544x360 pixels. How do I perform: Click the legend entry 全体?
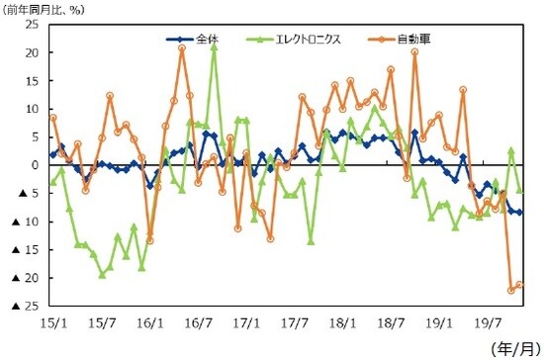coord(206,40)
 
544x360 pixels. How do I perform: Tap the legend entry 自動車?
coord(413,40)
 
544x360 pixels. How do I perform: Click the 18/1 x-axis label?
coord(343,322)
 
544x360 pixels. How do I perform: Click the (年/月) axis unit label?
coord(515,348)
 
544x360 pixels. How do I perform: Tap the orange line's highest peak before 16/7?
coord(182,47)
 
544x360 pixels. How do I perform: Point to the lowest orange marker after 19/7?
coord(511,290)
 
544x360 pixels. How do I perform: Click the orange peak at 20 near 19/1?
coord(414,52)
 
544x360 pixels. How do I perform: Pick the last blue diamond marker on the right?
coord(519,212)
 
